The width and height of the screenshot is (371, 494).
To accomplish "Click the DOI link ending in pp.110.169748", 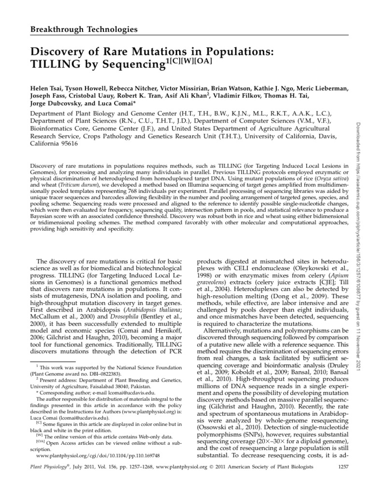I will [x=93, y=455].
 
